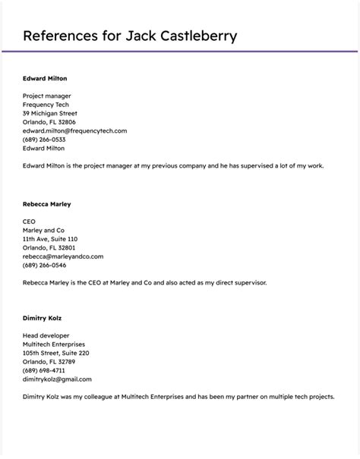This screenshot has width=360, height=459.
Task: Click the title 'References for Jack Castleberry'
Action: click(130, 36)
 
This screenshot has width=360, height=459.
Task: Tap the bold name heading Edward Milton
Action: click(45, 78)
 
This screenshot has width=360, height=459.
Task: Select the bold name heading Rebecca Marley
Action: click(47, 204)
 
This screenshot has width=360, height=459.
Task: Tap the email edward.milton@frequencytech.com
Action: click(74, 130)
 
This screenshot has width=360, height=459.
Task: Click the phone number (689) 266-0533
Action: click(44, 140)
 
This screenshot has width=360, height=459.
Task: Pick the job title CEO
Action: click(30, 222)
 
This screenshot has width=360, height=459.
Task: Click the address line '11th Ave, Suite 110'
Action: click(55, 239)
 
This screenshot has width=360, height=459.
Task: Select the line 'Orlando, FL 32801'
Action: click(49, 247)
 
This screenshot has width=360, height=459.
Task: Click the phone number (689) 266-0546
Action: click(44, 265)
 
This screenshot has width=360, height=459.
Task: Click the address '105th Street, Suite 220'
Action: click(56, 353)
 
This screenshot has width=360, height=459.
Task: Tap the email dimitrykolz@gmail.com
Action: click(57, 379)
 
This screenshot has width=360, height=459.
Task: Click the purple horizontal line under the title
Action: click(180, 51)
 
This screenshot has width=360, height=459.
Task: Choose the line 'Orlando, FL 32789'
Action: click(49, 361)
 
